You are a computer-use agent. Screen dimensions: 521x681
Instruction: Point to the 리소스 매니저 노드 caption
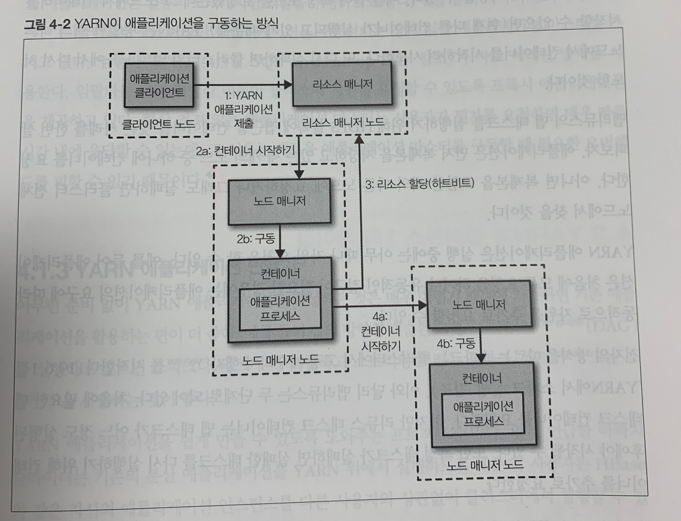tap(342, 122)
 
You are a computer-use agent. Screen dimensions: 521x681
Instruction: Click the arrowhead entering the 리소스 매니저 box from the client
tap(288, 85)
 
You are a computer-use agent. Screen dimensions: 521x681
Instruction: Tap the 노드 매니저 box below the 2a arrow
tap(279, 201)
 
